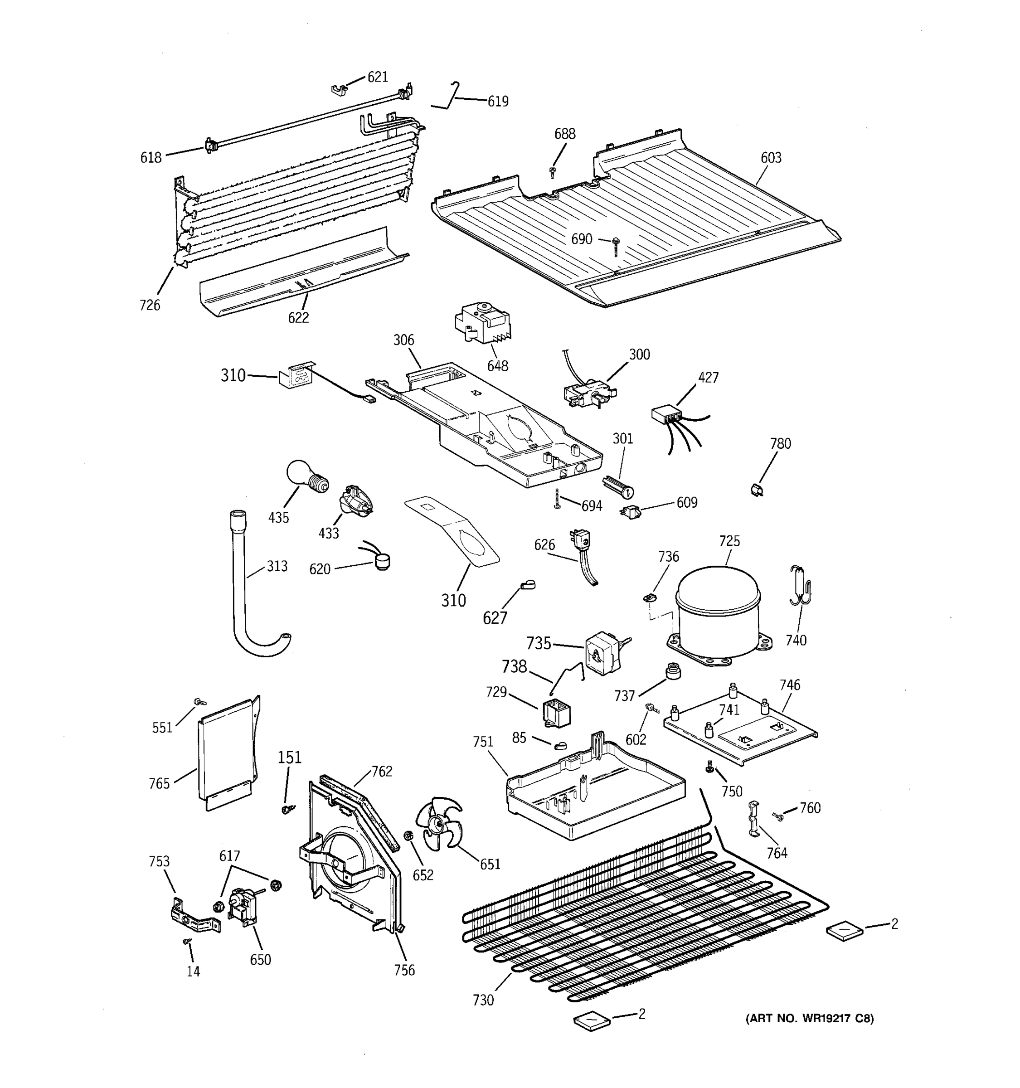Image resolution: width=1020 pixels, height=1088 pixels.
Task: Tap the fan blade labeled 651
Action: coord(438,824)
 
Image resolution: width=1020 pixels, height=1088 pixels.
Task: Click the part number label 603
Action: coord(771,158)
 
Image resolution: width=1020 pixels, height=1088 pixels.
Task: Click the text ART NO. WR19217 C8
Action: coord(809,1019)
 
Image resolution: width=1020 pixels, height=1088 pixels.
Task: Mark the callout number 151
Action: coord(290,758)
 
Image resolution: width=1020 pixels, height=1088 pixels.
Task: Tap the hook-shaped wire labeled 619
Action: coord(450,97)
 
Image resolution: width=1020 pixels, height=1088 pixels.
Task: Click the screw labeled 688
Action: coord(552,172)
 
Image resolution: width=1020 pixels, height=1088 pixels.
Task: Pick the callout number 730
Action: coord(483,1000)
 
